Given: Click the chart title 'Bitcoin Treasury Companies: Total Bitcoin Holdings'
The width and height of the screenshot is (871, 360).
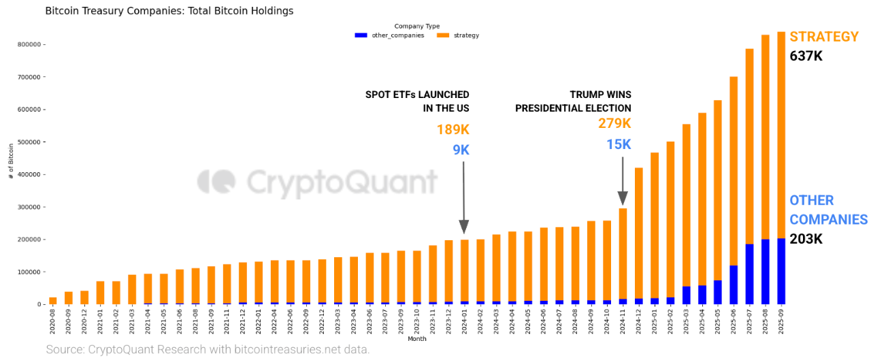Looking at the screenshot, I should pyautogui.click(x=169, y=11).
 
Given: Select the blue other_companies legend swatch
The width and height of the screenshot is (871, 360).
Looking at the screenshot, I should pyautogui.click(x=361, y=35).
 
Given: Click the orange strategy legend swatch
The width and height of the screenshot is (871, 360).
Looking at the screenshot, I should pyautogui.click(x=442, y=35).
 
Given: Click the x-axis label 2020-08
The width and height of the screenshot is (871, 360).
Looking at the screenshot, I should pyautogui.click(x=53, y=322).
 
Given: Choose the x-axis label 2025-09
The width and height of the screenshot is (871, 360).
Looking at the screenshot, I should pyautogui.click(x=781, y=322).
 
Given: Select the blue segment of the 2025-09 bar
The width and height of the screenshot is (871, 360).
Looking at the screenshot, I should pyautogui.click(x=781, y=272).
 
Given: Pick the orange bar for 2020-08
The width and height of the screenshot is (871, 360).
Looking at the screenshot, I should pyautogui.click(x=53, y=301).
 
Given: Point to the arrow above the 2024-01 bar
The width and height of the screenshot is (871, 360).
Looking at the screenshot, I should pyautogui.click(x=463, y=198).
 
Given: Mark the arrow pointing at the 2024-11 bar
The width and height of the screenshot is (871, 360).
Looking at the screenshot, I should pyautogui.click(x=623, y=180).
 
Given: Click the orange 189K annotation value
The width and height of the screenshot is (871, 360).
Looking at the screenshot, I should pyautogui.click(x=453, y=130).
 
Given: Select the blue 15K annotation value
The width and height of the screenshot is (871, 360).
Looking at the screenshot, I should pyautogui.click(x=619, y=145).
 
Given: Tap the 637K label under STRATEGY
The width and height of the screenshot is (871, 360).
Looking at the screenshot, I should pyautogui.click(x=806, y=56).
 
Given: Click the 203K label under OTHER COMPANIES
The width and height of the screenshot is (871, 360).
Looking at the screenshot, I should pyautogui.click(x=806, y=239).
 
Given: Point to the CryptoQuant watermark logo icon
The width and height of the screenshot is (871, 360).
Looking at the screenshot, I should pyautogui.click(x=216, y=183).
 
